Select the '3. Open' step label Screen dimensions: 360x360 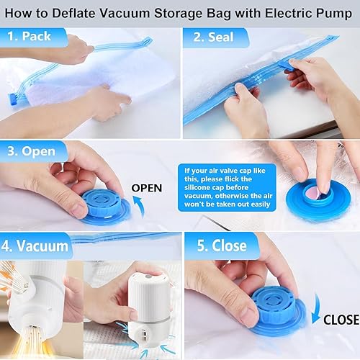[32, 153]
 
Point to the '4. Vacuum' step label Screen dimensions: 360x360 [40, 245]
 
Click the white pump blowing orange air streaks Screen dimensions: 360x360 [40, 288]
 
